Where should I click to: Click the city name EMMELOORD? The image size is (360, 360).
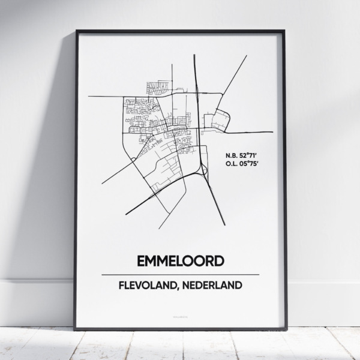pyautogui.click(x=181, y=261)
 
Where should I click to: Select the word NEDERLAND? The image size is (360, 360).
pyautogui.click(x=213, y=285)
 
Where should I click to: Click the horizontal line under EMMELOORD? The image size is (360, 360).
pyautogui.click(x=181, y=274)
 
